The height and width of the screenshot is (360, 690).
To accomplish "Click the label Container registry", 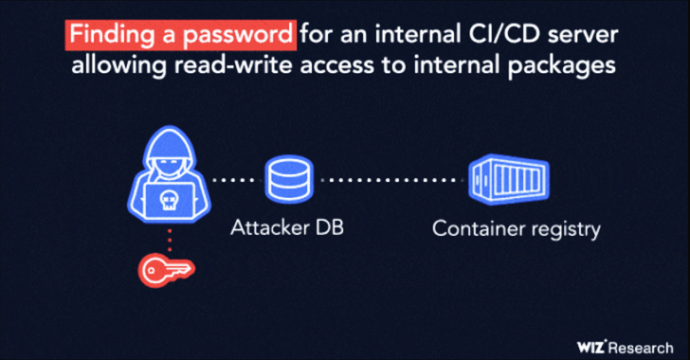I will pyautogui.click(x=517, y=228).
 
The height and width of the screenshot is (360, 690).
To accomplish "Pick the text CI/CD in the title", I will pyautogui.click(x=496, y=37).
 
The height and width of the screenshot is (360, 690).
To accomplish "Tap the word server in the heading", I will pyautogui.click(x=585, y=37).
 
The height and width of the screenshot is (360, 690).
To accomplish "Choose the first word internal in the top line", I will pyautogui.click(x=404, y=37).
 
